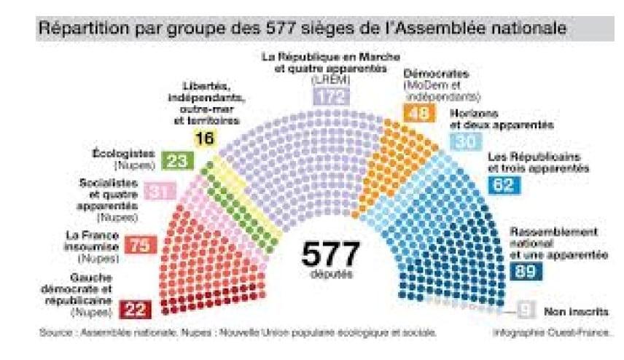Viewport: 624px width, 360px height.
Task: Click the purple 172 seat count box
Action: (x=331, y=96)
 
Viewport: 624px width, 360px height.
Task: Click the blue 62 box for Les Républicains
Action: (x=503, y=184)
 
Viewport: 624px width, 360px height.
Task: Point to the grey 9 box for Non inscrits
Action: (x=525, y=310)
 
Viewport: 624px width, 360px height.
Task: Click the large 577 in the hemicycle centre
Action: (x=330, y=255)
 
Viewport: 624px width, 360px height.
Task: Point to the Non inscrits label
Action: (x=576, y=311)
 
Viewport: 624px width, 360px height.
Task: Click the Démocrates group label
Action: (x=435, y=74)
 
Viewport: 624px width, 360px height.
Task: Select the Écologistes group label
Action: (x=122, y=154)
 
